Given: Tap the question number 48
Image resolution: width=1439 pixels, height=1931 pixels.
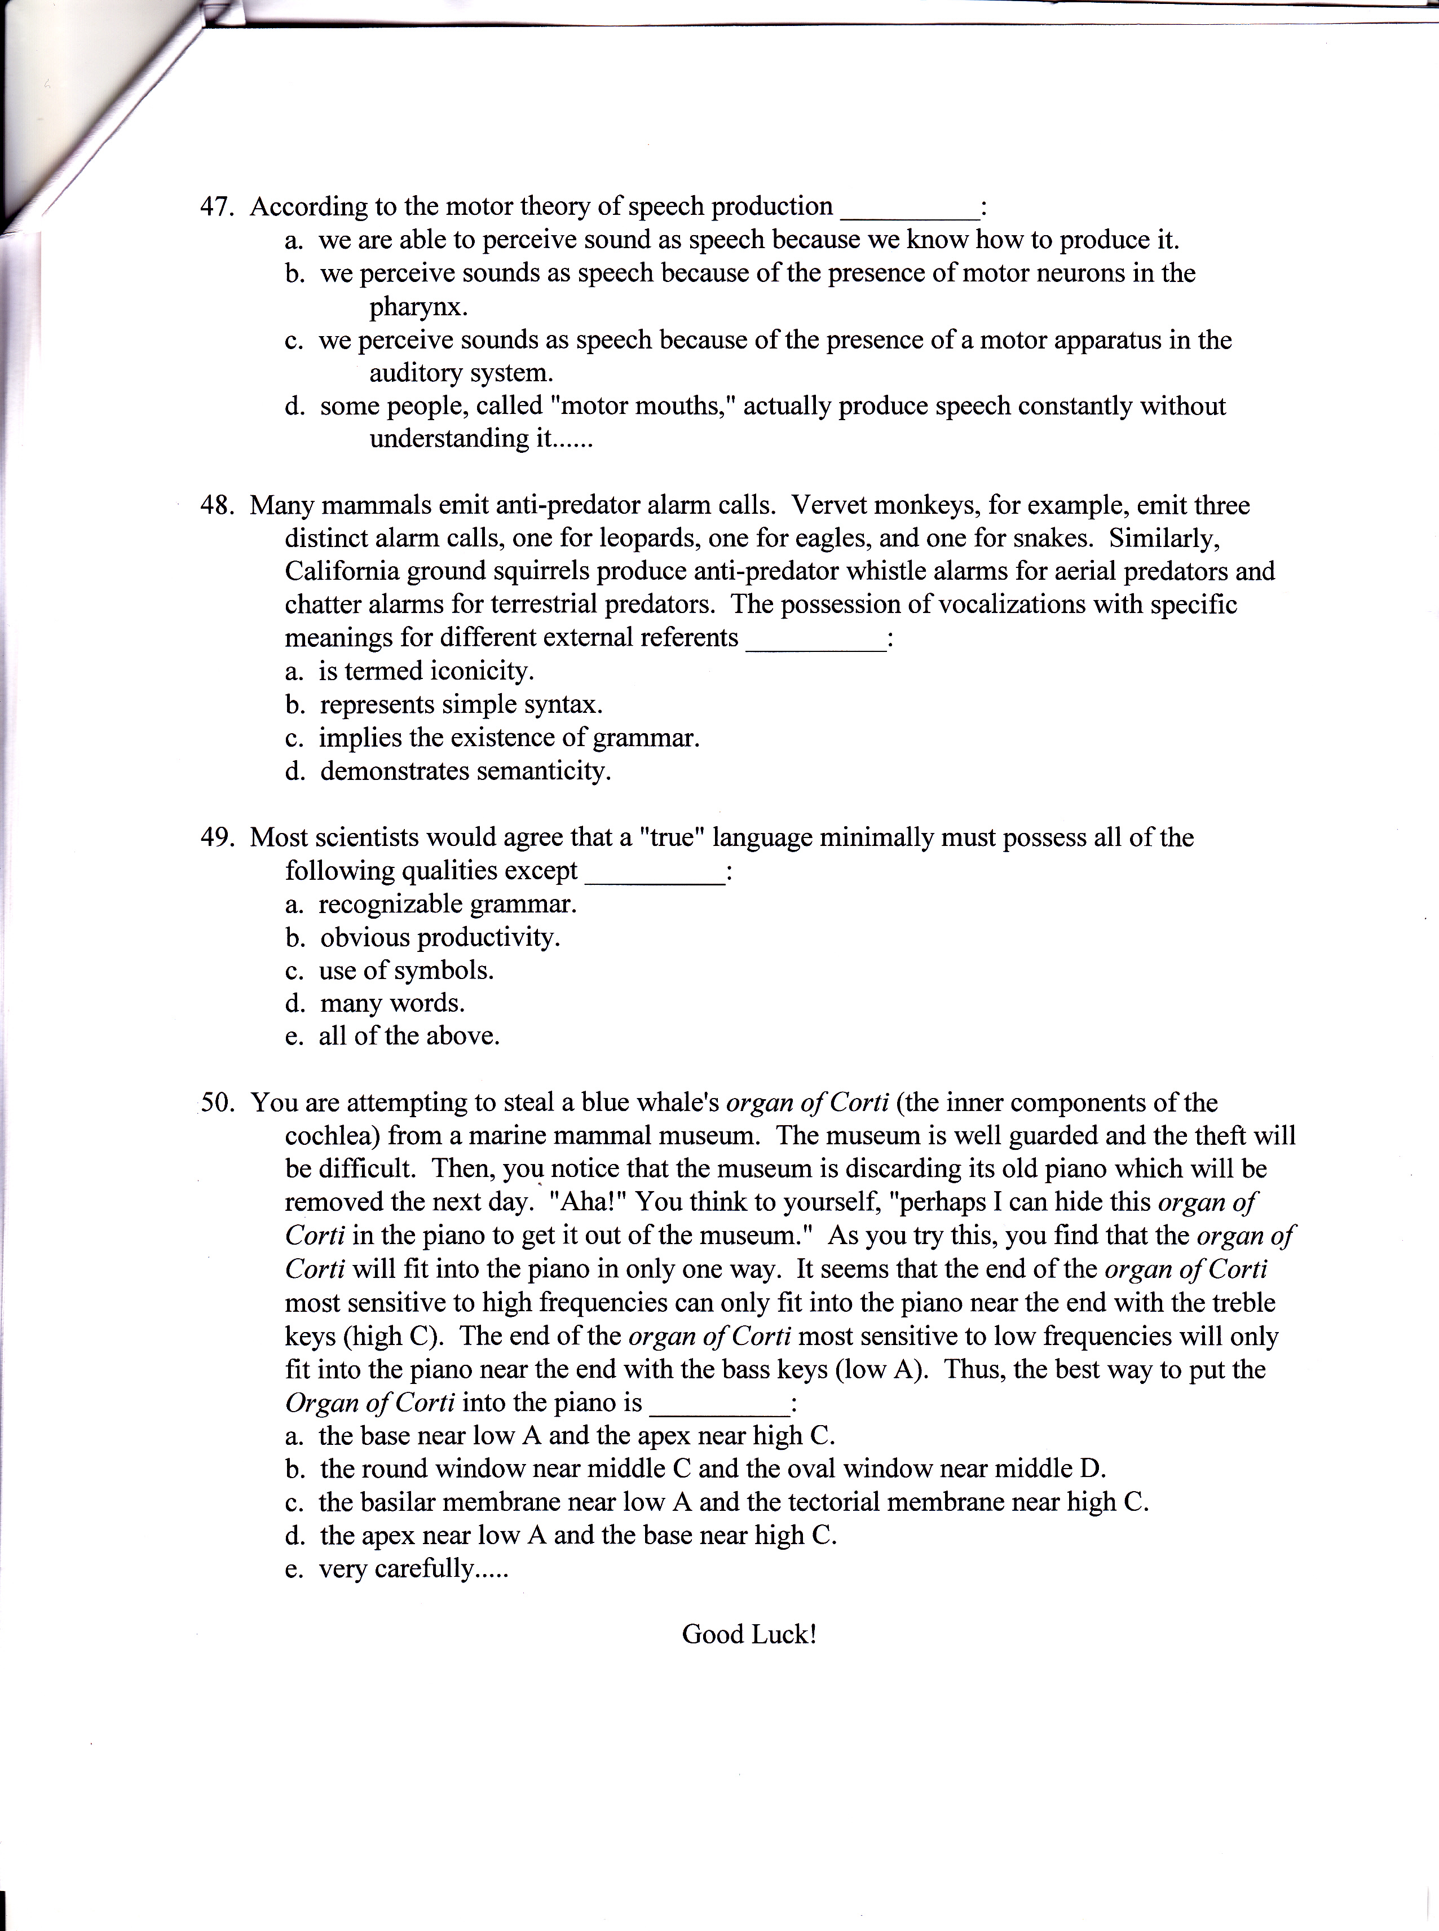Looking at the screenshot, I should pos(217,505).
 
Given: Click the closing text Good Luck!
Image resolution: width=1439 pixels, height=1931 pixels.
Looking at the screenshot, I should pos(749,1634).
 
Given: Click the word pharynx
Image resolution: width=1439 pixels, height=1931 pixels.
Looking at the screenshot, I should pos(418,307).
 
